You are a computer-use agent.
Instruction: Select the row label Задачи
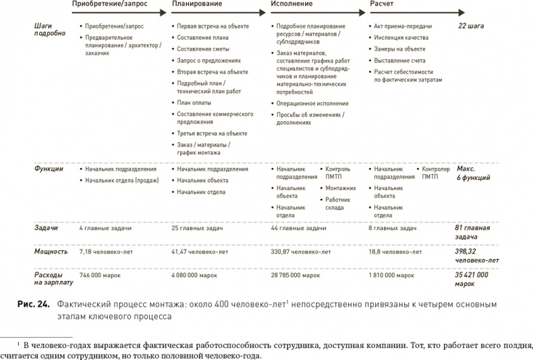(x=46, y=229)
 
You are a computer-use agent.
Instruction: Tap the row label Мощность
(x=51, y=251)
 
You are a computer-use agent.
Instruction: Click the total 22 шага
(x=470, y=26)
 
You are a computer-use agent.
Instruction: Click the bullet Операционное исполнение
(x=312, y=103)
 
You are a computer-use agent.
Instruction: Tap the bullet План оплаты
(x=194, y=102)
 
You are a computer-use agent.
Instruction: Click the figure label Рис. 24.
(x=34, y=305)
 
